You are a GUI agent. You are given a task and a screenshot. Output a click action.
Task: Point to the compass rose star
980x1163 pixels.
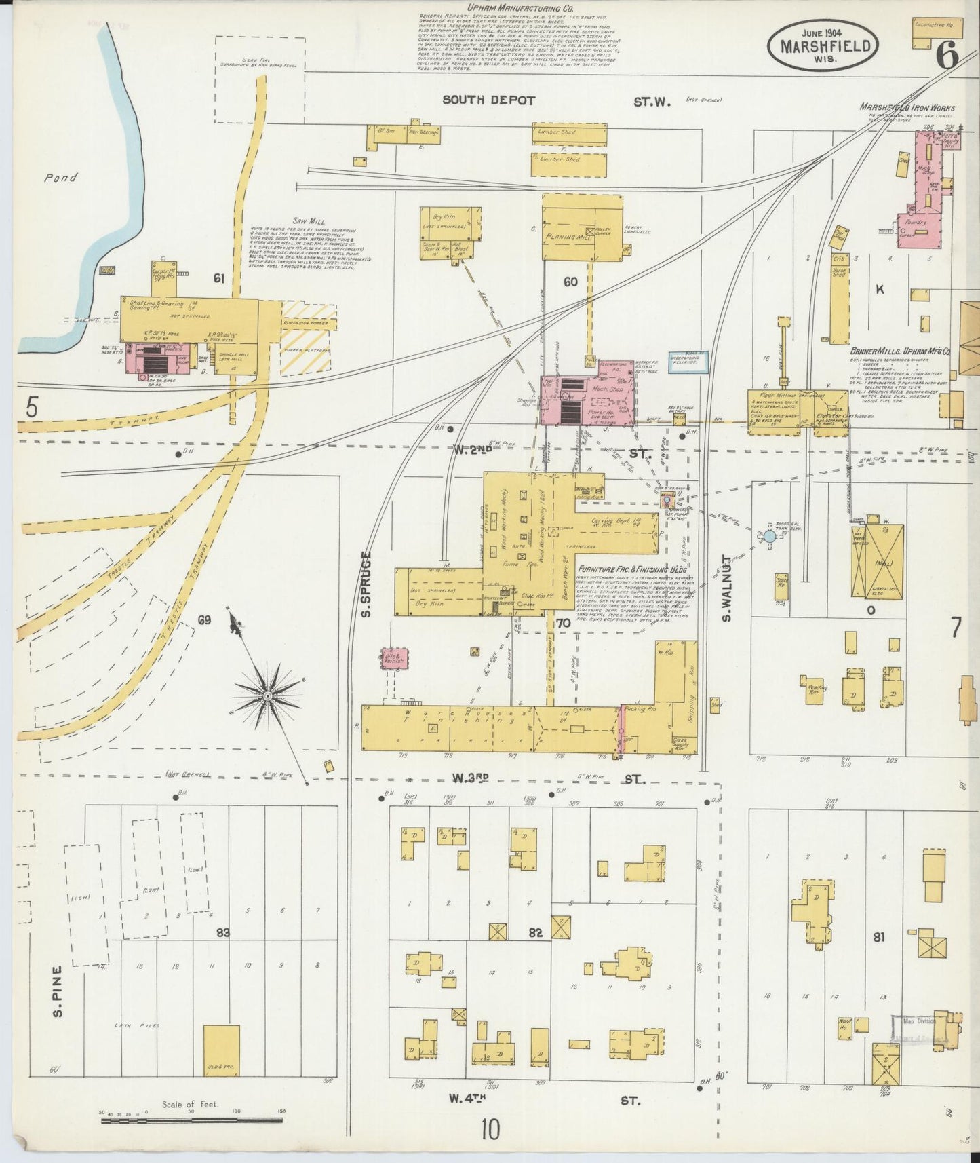click(x=269, y=695)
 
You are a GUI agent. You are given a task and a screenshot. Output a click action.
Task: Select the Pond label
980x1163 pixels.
click(x=61, y=178)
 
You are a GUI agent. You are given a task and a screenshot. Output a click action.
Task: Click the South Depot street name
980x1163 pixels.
click(x=488, y=100)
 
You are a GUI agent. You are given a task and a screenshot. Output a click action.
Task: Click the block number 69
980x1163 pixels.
click(x=204, y=620)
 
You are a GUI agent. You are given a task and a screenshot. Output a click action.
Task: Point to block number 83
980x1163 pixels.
click(x=222, y=933)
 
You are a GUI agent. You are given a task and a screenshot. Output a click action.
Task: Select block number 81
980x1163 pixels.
click(x=879, y=937)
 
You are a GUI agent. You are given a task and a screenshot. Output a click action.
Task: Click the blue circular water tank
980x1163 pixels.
click(x=769, y=536)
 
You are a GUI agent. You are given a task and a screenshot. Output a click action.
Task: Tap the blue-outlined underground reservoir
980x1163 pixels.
click(x=688, y=362)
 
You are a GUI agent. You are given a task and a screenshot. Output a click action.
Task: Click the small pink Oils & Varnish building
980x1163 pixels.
click(x=394, y=658)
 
